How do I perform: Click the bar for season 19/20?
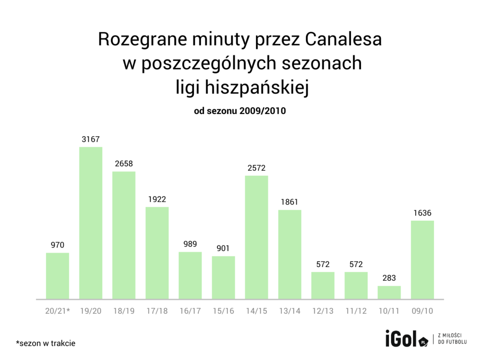click(90, 223)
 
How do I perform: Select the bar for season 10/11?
click(389, 292)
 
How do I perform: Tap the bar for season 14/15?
click(256, 237)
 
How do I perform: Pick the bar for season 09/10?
click(422, 259)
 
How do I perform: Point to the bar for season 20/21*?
click(58, 276)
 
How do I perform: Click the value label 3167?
click(90, 139)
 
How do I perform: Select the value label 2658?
click(124, 164)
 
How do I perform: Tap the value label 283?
click(389, 278)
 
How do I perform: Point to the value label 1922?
click(157, 199)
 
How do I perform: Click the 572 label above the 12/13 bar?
click(323, 264)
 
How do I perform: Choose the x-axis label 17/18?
click(157, 311)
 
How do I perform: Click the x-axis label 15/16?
click(223, 311)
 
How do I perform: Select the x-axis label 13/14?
click(290, 311)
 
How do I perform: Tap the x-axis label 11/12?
click(356, 311)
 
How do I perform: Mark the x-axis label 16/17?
click(190, 311)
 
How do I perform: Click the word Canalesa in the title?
click(343, 40)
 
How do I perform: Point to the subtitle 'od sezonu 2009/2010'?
click(240, 112)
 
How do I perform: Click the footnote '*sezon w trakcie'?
click(45, 343)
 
